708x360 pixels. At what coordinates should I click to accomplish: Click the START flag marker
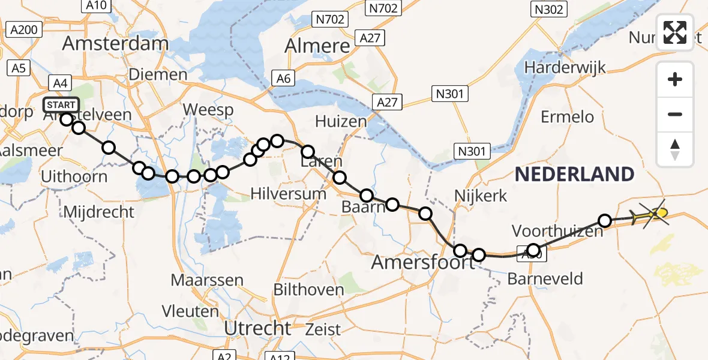point(61,106)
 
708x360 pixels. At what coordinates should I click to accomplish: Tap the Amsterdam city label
point(115,43)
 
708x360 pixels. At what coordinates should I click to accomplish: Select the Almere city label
point(317,46)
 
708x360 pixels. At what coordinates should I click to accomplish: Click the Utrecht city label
point(257,328)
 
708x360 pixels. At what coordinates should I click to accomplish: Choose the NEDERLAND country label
point(574,175)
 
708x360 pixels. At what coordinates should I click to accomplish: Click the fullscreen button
point(675,32)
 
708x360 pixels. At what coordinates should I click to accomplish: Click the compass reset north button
point(675,149)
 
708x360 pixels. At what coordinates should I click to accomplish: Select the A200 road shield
point(24,29)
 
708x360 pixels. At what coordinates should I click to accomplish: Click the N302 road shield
point(548,9)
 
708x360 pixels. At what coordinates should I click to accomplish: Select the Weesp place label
point(208,110)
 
